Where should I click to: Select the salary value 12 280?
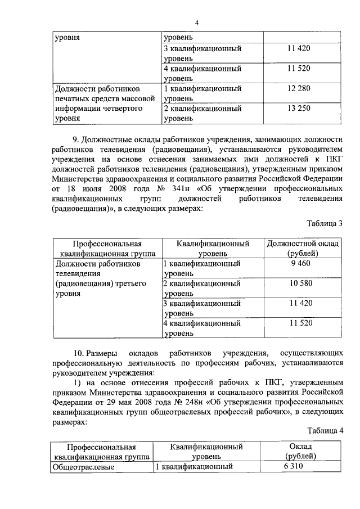(298, 88)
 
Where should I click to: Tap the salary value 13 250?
(298, 109)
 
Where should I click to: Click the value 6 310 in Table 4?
(298, 466)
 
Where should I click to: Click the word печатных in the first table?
(71, 98)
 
